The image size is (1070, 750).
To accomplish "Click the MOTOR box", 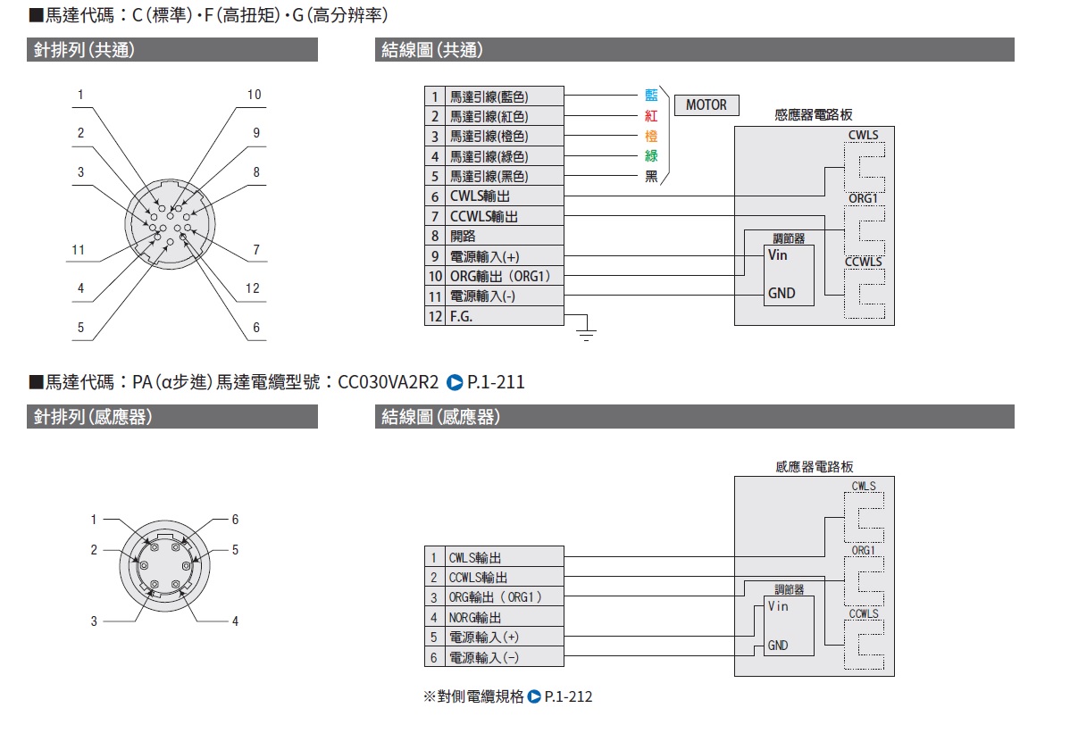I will [706, 105].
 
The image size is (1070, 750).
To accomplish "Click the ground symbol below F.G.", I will [586, 333].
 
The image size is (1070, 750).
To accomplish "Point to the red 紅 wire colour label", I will [651, 116].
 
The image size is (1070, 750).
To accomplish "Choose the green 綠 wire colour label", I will [651, 156].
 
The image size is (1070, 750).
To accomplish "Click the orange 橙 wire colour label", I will [651, 137].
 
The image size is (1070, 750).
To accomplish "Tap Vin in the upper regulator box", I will [778, 254].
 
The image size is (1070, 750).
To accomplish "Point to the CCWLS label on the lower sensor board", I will [864, 614].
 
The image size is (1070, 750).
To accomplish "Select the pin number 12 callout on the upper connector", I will [252, 288].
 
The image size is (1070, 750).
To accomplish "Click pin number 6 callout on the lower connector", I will [235, 520].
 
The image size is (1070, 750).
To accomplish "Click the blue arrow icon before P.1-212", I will [534, 696].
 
